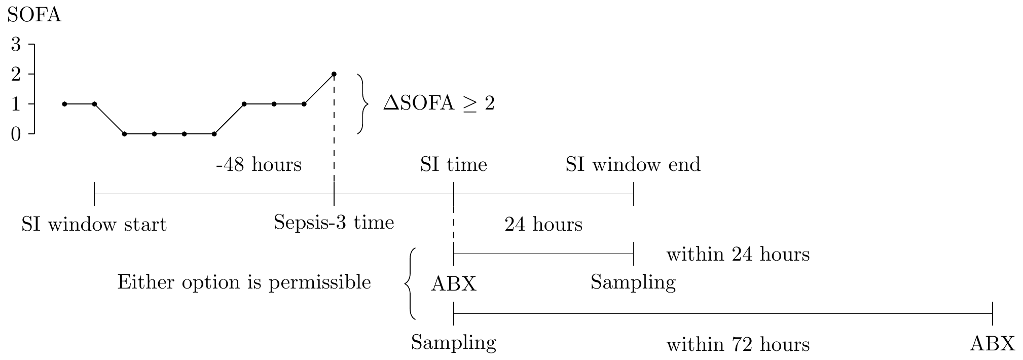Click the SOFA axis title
(34, 15)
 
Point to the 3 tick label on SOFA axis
(16, 45)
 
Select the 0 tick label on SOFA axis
(16, 134)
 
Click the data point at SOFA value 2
(334, 74)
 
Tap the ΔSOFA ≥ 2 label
(439, 104)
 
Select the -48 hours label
(259, 165)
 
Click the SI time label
(453, 165)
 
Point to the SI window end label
(633, 165)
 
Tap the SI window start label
(94, 224)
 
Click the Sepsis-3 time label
(334, 222)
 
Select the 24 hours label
(543, 224)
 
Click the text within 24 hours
(738, 254)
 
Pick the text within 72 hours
(738, 345)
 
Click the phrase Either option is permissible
(244, 282)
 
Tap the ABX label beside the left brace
(453, 284)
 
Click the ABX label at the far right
(992, 344)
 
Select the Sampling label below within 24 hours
(633, 282)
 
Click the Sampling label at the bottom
(453, 343)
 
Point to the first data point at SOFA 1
(64, 104)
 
